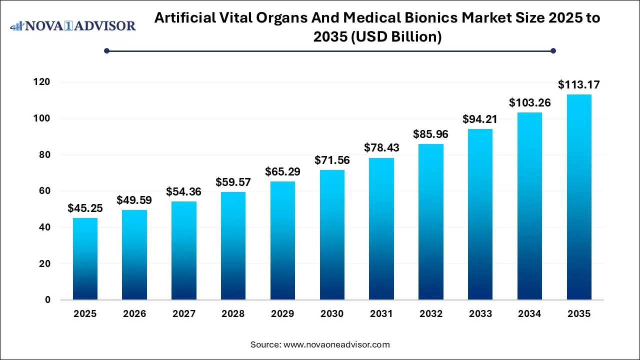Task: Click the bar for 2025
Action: coord(85,259)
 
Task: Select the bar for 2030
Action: coord(332,235)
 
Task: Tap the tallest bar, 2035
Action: coord(579,197)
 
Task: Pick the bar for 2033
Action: coord(480,214)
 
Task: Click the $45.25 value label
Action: coord(85,208)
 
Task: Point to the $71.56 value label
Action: coord(332,160)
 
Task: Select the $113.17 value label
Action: coord(579,85)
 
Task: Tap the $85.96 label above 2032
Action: coord(430,134)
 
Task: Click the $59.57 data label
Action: coord(233,182)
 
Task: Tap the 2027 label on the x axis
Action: coord(184,314)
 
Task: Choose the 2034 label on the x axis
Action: coord(529,314)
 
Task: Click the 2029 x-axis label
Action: coord(282,314)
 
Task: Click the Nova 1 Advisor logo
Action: coord(73,25)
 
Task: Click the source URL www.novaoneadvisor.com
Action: coord(336,344)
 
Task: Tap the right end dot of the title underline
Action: coord(553,50)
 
